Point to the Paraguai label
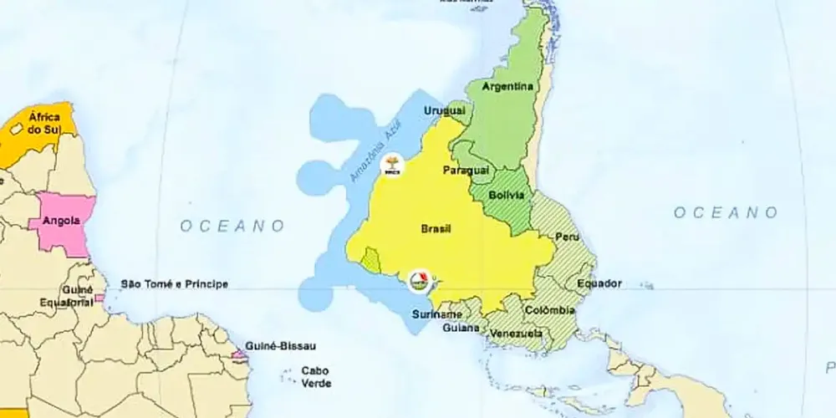465,170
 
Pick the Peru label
568,238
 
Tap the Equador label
599,283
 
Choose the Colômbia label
549,311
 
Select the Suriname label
436,314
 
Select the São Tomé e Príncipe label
175,284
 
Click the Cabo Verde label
315,377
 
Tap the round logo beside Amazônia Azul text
390,165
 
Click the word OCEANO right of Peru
726,213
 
